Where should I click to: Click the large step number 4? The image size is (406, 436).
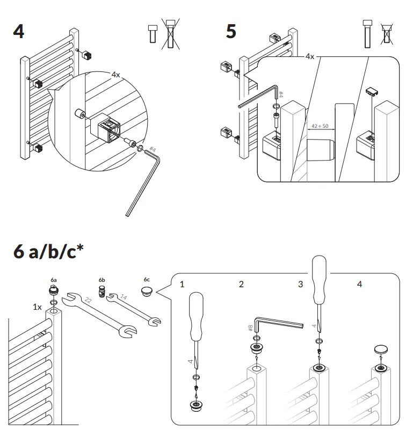coord(19,31)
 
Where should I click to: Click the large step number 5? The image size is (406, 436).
coord(230,31)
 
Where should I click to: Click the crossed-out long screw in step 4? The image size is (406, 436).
coord(171,35)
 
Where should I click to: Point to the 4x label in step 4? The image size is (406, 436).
coord(115,75)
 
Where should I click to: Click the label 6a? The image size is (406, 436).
coord(54,280)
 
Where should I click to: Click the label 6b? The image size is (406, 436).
coord(102,280)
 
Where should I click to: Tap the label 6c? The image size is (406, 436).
coord(147,280)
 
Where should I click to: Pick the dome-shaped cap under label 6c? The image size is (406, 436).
coord(147,292)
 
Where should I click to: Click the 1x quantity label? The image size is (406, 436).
coord(37,307)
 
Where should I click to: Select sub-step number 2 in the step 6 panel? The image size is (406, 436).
coord(241,284)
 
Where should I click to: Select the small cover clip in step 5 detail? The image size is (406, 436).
coord(373,90)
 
